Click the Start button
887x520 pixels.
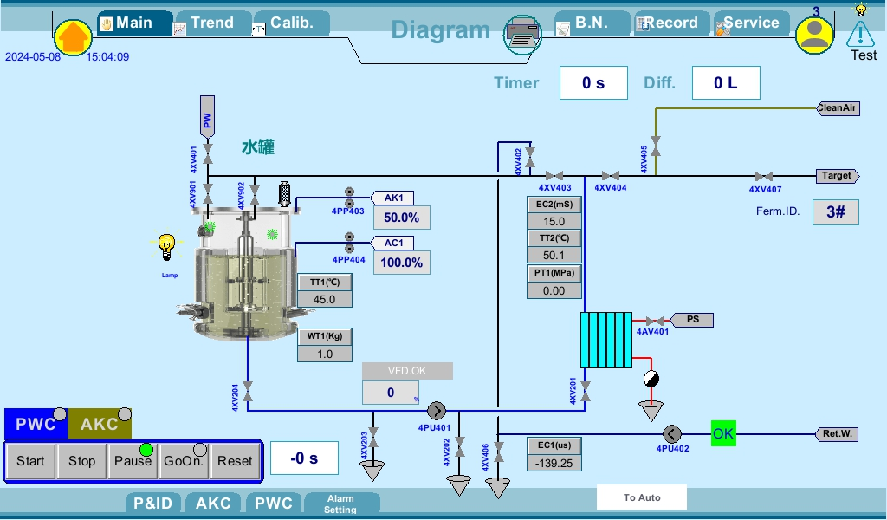[30, 461]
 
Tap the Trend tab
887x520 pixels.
[212, 23]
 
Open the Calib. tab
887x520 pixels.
[290, 23]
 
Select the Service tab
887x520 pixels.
[750, 23]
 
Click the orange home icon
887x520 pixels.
[74, 37]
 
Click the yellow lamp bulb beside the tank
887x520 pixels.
[167, 246]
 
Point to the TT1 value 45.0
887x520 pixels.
[325, 299]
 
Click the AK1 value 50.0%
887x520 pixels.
[401, 218]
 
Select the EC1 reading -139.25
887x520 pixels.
[554, 463]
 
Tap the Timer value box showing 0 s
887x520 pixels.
[593, 83]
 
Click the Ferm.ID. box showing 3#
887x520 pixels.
[835, 212]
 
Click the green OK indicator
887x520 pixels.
[723, 433]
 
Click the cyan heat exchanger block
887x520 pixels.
[606, 341]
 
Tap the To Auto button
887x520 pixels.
[642, 497]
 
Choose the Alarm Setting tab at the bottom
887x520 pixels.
[340, 504]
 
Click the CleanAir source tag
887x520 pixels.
[838, 108]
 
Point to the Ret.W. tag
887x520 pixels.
[837, 433]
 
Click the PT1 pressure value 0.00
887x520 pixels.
[554, 290]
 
